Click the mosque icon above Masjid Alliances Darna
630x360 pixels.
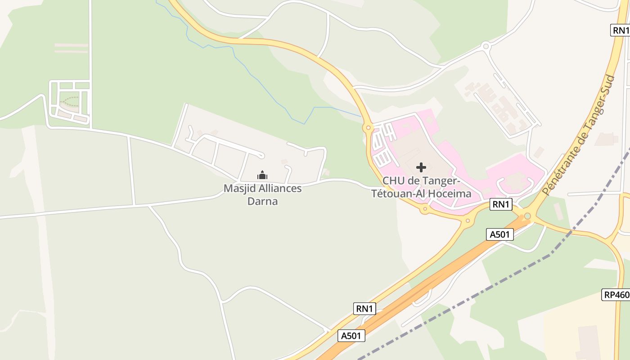coord(262,175)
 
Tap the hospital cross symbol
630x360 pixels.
coord(421,167)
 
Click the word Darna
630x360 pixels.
coord(263,201)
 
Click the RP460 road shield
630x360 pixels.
coord(616,295)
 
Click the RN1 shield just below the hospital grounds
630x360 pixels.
coord(501,204)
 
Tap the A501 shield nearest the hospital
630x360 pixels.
coord(500,234)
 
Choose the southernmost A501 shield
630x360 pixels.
coord(351,335)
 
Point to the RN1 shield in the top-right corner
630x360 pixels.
coord(621,30)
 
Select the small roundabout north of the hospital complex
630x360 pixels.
coord(486,45)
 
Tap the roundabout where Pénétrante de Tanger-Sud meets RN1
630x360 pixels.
coord(527,216)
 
